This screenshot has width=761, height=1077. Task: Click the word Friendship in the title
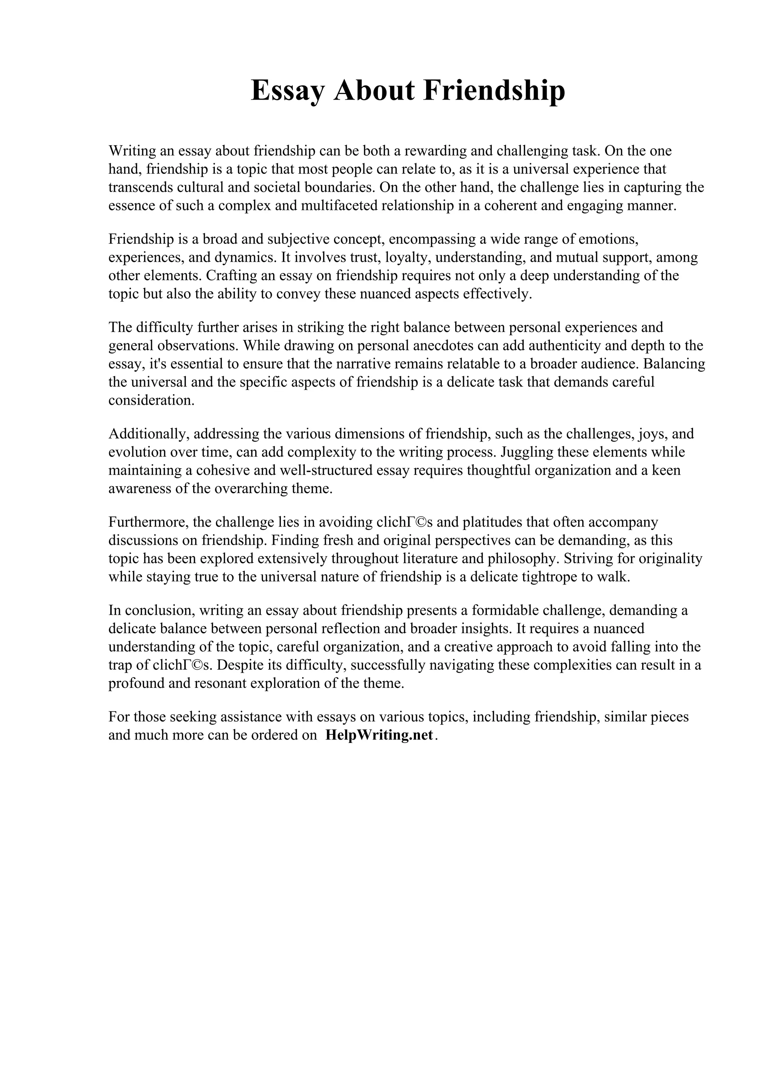[x=494, y=91]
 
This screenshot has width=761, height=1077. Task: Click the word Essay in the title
[x=287, y=91]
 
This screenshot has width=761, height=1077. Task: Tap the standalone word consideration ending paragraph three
[x=151, y=400]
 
